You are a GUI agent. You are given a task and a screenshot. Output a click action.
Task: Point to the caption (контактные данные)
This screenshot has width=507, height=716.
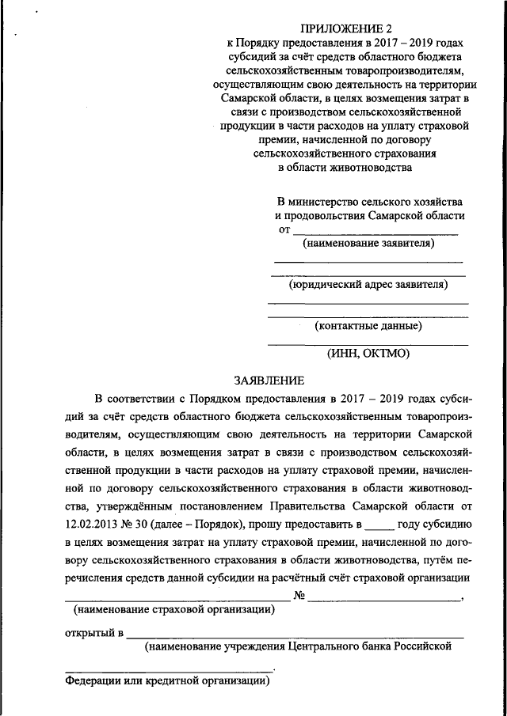(368, 325)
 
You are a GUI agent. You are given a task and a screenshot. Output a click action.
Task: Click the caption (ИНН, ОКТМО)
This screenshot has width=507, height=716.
(368, 354)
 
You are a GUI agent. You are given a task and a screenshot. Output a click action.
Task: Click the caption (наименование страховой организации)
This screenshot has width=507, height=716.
(174, 610)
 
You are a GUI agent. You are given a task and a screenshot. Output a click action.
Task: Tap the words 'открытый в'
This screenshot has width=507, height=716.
(93, 633)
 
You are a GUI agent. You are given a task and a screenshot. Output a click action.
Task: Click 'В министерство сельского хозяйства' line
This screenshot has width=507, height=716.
(370, 202)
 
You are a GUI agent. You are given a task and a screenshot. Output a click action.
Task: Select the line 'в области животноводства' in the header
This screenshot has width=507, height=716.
(345, 167)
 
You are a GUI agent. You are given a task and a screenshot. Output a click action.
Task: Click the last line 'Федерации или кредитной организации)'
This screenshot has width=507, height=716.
(169, 682)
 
